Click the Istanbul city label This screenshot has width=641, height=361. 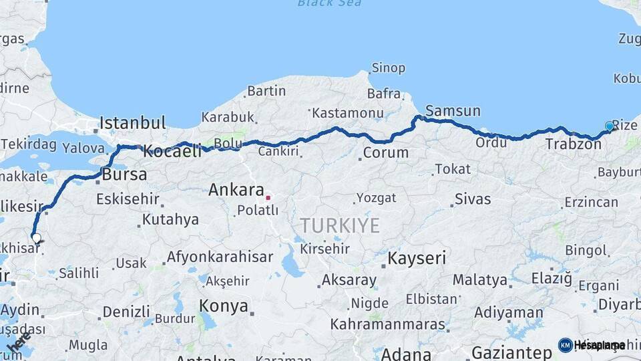(x=132, y=123)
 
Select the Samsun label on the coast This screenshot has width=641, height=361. (x=453, y=111)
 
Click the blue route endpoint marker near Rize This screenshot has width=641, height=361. (x=609, y=126)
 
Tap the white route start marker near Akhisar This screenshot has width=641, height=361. (x=35, y=237)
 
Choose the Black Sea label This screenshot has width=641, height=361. (x=330, y=3)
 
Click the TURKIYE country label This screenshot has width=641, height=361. (x=340, y=225)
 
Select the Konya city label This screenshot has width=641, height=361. (x=224, y=307)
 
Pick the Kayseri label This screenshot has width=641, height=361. (x=418, y=257)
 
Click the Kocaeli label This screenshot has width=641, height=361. (x=172, y=151)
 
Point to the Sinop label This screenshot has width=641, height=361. (x=388, y=68)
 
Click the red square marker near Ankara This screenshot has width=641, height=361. (x=268, y=197)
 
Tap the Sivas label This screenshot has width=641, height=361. (x=473, y=199)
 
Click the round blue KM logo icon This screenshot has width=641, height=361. (x=565, y=345)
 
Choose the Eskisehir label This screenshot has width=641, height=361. (x=128, y=199)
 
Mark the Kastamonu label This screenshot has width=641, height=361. (x=348, y=112)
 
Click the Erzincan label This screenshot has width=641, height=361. (x=591, y=202)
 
